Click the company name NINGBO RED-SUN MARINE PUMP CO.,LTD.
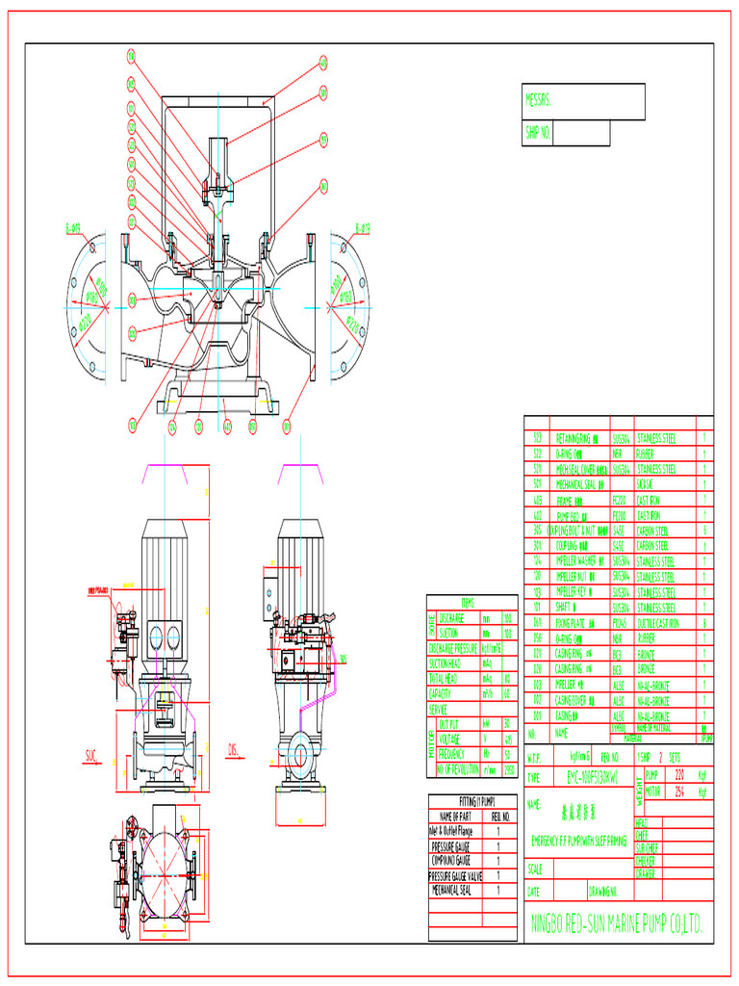(618, 925)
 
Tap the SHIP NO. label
(538, 133)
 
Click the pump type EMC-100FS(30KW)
(574, 776)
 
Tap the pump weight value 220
(679, 774)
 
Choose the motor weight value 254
(679, 791)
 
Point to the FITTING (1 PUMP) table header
(474, 801)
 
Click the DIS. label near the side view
(233, 748)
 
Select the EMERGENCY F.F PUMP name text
(578, 841)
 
